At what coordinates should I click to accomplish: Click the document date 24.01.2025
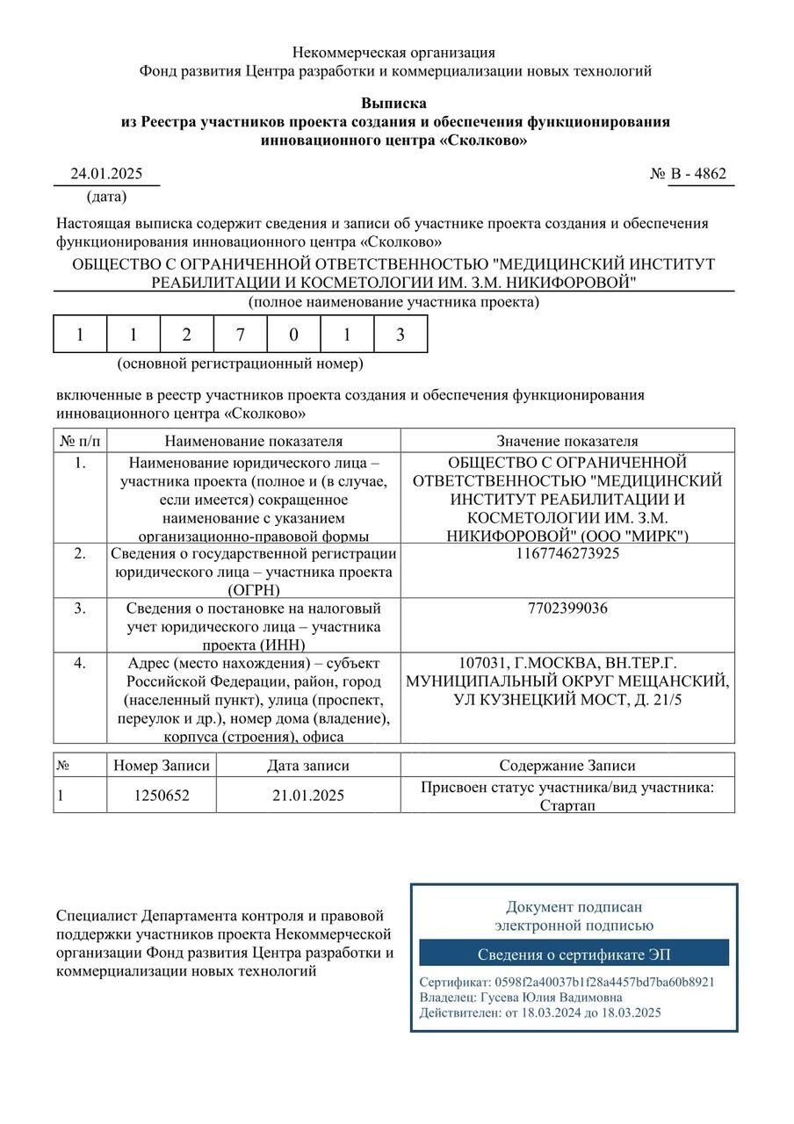coord(106,174)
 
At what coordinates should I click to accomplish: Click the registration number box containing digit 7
coord(241,335)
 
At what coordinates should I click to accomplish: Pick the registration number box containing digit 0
coord(293,335)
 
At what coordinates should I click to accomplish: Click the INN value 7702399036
coord(567,609)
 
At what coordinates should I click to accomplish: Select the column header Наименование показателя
coord(253,441)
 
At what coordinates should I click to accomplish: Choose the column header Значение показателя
coord(567,441)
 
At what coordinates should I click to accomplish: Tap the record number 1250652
coord(162,796)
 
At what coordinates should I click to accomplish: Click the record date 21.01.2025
coord(307,796)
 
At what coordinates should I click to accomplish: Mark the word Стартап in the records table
coord(567,804)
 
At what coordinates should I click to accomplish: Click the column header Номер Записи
coord(162,766)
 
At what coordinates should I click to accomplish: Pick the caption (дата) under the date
coord(106,197)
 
